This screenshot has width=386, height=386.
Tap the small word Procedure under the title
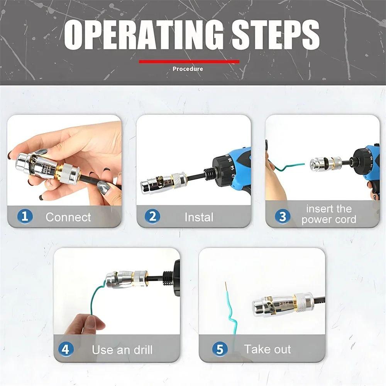[x=188, y=69]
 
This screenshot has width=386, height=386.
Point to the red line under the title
[x=189, y=61]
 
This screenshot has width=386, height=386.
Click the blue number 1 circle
[x=25, y=216]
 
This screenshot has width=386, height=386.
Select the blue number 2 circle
[x=152, y=216]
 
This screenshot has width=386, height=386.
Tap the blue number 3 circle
[x=282, y=216]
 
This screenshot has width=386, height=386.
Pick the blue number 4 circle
[x=66, y=350]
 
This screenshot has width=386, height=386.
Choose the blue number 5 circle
[x=220, y=350]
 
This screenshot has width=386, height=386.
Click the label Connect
[x=68, y=217]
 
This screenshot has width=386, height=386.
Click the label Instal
[x=199, y=217]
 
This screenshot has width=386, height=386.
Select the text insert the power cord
[x=329, y=215]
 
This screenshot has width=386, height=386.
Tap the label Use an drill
[x=122, y=350]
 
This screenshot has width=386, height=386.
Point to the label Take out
[x=267, y=350]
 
